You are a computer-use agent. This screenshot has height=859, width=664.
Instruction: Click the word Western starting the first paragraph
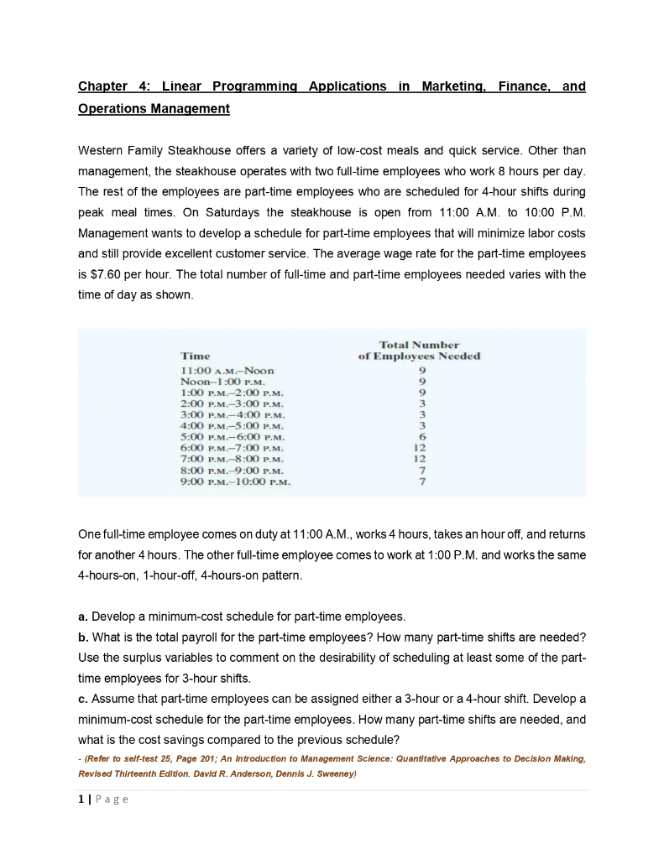coord(104,151)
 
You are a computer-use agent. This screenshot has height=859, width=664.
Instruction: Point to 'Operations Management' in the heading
coord(154,109)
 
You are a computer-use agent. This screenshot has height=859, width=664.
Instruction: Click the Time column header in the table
coord(196,357)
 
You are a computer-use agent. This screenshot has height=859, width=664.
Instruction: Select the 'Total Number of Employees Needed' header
coord(419,351)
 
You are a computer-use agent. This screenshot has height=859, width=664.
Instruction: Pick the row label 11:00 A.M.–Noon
coord(227,370)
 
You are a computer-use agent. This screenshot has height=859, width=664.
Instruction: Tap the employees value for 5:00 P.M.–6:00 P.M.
coord(423,436)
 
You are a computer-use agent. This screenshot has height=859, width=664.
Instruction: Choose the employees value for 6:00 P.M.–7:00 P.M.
coord(423,447)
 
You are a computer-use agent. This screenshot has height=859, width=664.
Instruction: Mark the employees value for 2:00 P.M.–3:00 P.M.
coord(423,403)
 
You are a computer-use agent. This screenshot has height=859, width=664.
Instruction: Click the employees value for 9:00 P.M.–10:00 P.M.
coord(423,482)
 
